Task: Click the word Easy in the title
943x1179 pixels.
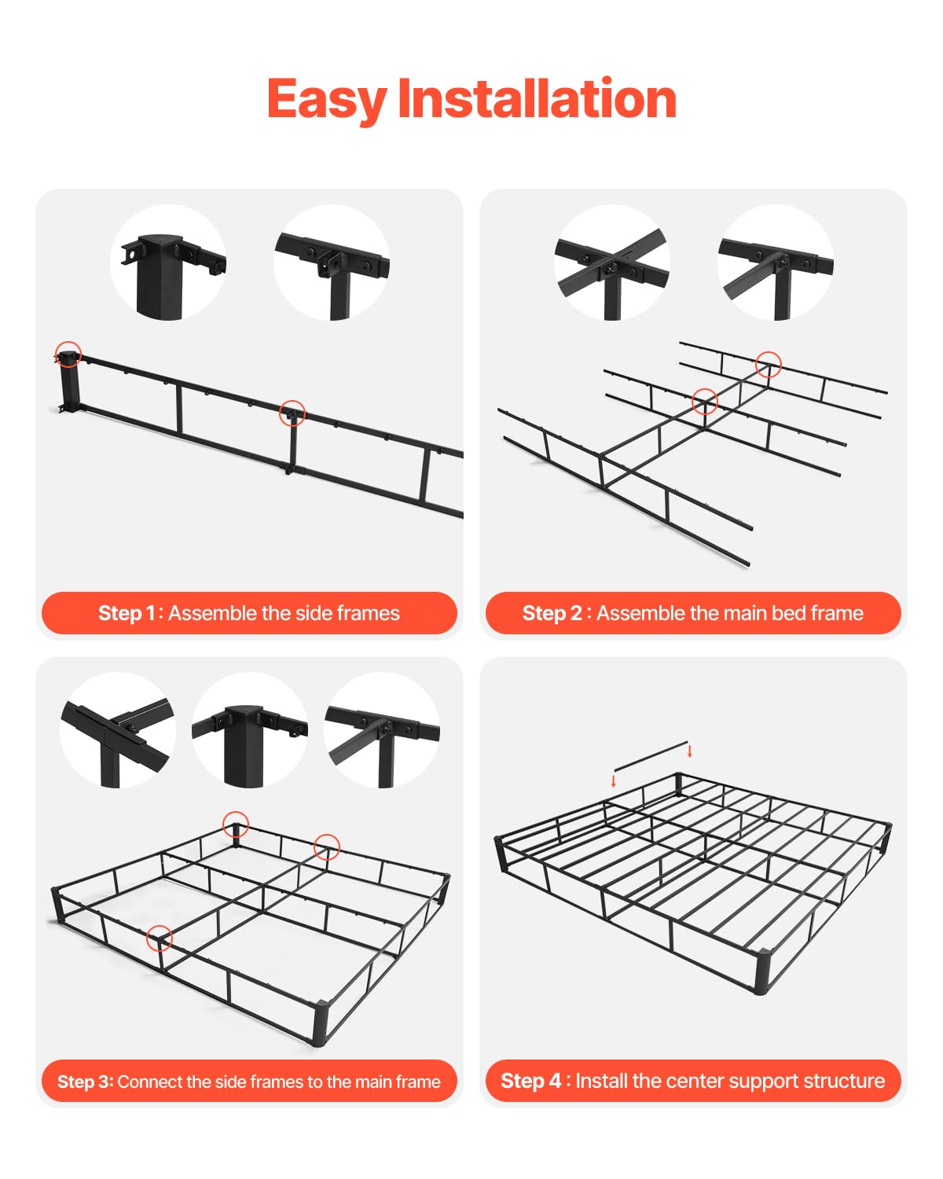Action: tap(326, 99)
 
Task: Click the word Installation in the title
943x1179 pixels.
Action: tap(537, 99)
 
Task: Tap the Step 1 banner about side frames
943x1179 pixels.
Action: tap(249, 613)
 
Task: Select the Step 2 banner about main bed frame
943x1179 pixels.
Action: tap(693, 613)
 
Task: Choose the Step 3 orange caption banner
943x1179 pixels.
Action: tap(249, 1082)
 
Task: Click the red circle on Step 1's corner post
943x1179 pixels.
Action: tap(68, 354)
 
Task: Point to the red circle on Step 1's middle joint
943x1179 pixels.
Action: tap(292, 413)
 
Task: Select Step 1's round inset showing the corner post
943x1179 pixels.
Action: tap(168, 263)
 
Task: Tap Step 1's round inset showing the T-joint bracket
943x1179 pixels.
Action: tap(332, 263)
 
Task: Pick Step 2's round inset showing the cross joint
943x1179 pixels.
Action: tap(612, 263)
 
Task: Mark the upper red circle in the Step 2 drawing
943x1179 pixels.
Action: tap(768, 364)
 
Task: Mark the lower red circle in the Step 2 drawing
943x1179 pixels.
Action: tap(704, 402)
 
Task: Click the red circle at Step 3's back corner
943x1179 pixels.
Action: tap(236, 825)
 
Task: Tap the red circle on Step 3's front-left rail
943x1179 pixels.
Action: tap(160, 938)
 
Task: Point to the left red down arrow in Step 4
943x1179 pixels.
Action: tap(614, 781)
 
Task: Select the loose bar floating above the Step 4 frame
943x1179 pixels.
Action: tap(651, 755)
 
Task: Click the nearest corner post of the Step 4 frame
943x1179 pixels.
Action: tap(761, 972)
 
